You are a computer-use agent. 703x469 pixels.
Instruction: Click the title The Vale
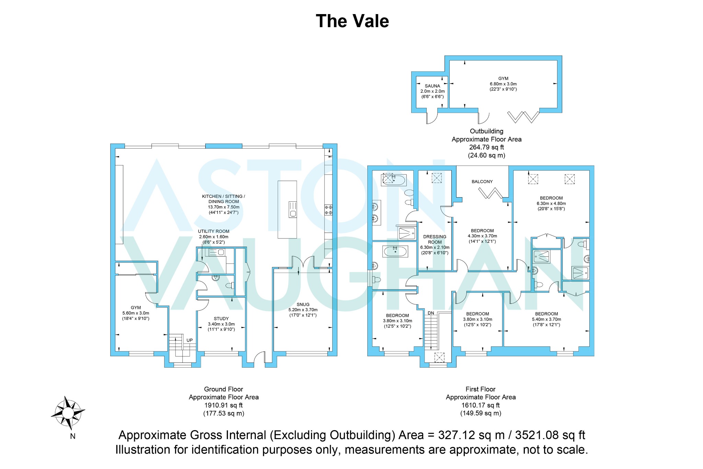tap(352, 21)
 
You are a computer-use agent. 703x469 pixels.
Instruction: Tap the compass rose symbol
tap(68, 413)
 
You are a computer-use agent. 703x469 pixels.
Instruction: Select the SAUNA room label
tap(432, 86)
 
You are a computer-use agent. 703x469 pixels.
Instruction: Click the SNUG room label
tap(303, 304)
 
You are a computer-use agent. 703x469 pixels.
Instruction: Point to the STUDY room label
tap(221, 319)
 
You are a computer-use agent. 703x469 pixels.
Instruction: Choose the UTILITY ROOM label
tap(214, 231)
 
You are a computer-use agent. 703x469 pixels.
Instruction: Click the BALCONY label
tap(482, 181)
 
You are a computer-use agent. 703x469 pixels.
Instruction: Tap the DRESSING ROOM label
tap(435, 239)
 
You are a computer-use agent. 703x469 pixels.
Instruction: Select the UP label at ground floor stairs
tap(189, 340)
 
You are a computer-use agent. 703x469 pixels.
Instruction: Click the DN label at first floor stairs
tap(431, 313)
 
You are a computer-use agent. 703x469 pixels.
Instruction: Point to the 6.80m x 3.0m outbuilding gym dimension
tap(503, 84)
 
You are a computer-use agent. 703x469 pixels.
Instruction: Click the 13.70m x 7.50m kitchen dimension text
tap(223, 207)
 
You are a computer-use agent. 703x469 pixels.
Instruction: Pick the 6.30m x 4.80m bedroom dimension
tap(551, 203)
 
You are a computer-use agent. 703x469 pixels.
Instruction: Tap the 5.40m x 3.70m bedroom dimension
tap(546, 319)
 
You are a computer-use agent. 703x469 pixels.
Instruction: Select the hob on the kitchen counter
tap(329, 210)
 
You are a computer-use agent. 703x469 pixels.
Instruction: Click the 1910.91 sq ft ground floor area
tap(223, 405)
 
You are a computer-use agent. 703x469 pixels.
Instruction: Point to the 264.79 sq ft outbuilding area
tap(486, 147)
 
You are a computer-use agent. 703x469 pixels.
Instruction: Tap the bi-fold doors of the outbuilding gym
tap(523, 117)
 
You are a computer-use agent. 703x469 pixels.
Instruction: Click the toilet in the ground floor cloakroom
tap(230, 285)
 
